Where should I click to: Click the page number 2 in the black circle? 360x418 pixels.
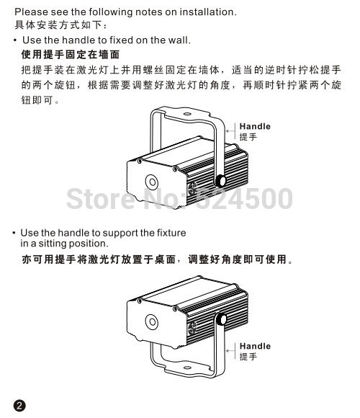pos(19,406)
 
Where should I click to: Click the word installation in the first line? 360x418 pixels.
pos(207,12)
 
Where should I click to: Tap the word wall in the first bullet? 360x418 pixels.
pos(179,40)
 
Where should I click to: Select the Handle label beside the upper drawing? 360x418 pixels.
pos(255,126)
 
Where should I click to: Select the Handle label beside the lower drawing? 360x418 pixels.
pos(255,346)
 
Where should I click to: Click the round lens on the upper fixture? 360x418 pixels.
pos(152,182)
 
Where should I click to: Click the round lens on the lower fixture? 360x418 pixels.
pos(152,321)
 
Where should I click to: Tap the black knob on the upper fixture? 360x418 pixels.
pos(220,181)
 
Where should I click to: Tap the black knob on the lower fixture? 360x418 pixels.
pos(221,319)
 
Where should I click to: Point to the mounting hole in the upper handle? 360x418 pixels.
pos(187,114)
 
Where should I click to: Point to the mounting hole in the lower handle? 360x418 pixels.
pos(187,368)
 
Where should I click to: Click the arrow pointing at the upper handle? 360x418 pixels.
pos(230,131)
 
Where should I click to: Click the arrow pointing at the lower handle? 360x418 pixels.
pos(230,350)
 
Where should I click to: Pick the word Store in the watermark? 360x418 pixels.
pos(102,198)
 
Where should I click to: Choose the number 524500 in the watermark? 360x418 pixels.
pos(244,198)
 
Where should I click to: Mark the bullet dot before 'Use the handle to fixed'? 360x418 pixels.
pos(15,40)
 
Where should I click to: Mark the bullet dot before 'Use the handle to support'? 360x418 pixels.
pos(14,234)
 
